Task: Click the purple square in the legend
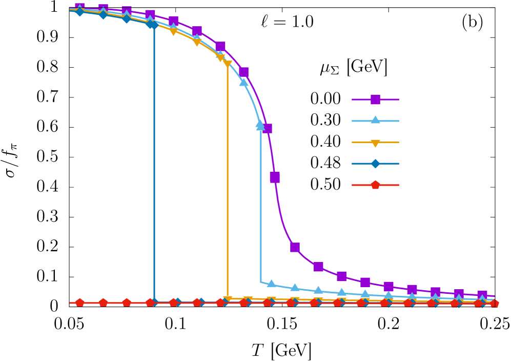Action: (375, 99)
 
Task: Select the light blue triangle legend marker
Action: (375, 121)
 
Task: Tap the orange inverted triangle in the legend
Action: (375, 143)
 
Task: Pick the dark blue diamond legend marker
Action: (375, 164)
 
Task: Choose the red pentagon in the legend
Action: (375, 185)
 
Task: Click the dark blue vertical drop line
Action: (154, 164)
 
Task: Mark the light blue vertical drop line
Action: (261, 205)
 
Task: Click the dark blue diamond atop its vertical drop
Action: (154, 25)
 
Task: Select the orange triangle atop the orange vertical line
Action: (228, 64)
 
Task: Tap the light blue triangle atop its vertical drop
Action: (260, 125)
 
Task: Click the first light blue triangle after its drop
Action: (271, 284)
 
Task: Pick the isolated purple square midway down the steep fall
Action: (275, 177)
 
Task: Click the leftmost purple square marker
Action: (80, 7)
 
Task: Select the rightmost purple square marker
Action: (482, 295)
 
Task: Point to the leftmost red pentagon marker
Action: (80, 303)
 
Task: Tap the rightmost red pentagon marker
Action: (494, 303)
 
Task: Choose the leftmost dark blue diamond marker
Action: (80, 11)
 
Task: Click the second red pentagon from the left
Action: (103, 303)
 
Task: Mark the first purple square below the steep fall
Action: (295, 247)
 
